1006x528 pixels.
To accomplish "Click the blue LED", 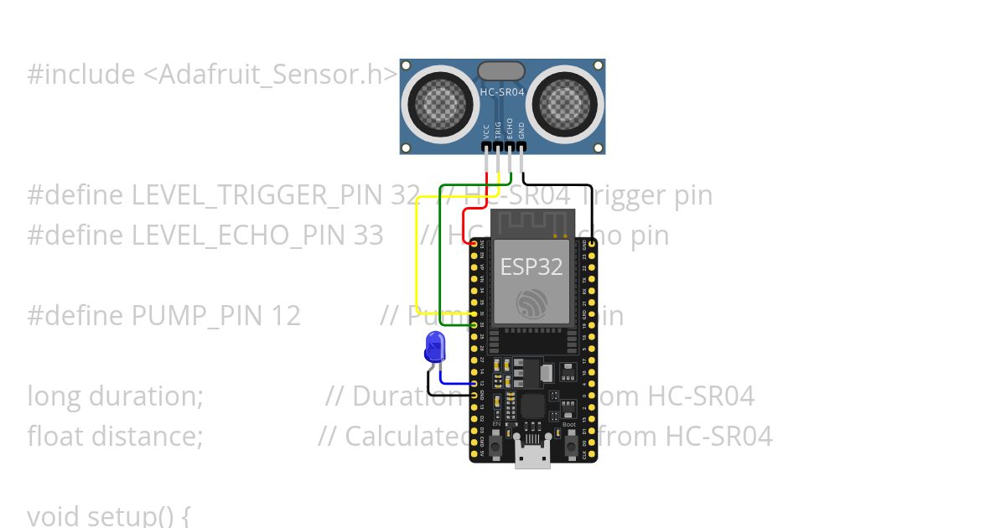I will point(434,347).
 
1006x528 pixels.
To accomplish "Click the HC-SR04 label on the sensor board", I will point(501,92).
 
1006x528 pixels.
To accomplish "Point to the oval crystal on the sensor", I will point(501,71).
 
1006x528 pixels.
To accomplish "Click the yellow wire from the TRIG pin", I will point(417,251).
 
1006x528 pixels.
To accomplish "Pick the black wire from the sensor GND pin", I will point(557,184).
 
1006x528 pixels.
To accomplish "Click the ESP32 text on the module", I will point(532,267).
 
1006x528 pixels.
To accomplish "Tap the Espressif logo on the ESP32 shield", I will point(532,303).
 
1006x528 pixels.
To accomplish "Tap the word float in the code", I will point(54,437).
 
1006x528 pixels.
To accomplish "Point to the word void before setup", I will point(53,515).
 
